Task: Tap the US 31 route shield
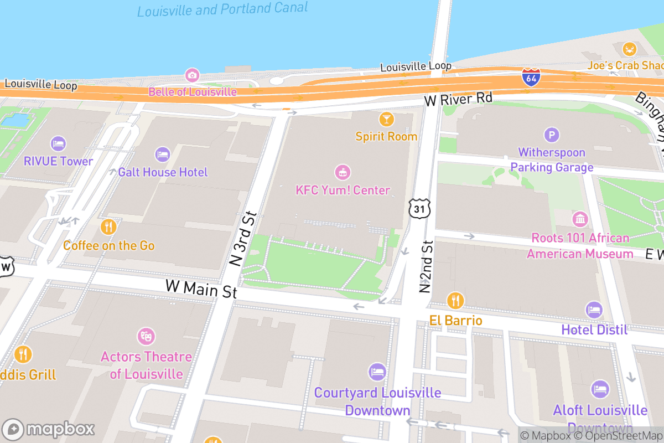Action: (418, 208)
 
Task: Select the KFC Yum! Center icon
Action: (343, 172)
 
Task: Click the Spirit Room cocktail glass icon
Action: (386, 119)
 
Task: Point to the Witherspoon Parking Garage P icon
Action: (551, 135)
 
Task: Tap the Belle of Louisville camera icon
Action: (192, 75)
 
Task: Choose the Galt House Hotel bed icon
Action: (162, 154)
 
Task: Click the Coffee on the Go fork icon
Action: (108, 226)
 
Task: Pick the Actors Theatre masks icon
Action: (146, 336)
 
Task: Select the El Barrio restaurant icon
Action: (455, 301)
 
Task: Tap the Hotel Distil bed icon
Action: (594, 310)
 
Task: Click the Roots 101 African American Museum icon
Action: (580, 219)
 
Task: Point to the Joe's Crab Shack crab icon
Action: (629, 49)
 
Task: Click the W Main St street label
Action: (201, 289)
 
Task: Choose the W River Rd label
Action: (458, 99)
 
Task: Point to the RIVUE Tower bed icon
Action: (58, 144)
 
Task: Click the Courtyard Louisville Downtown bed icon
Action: (377, 372)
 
